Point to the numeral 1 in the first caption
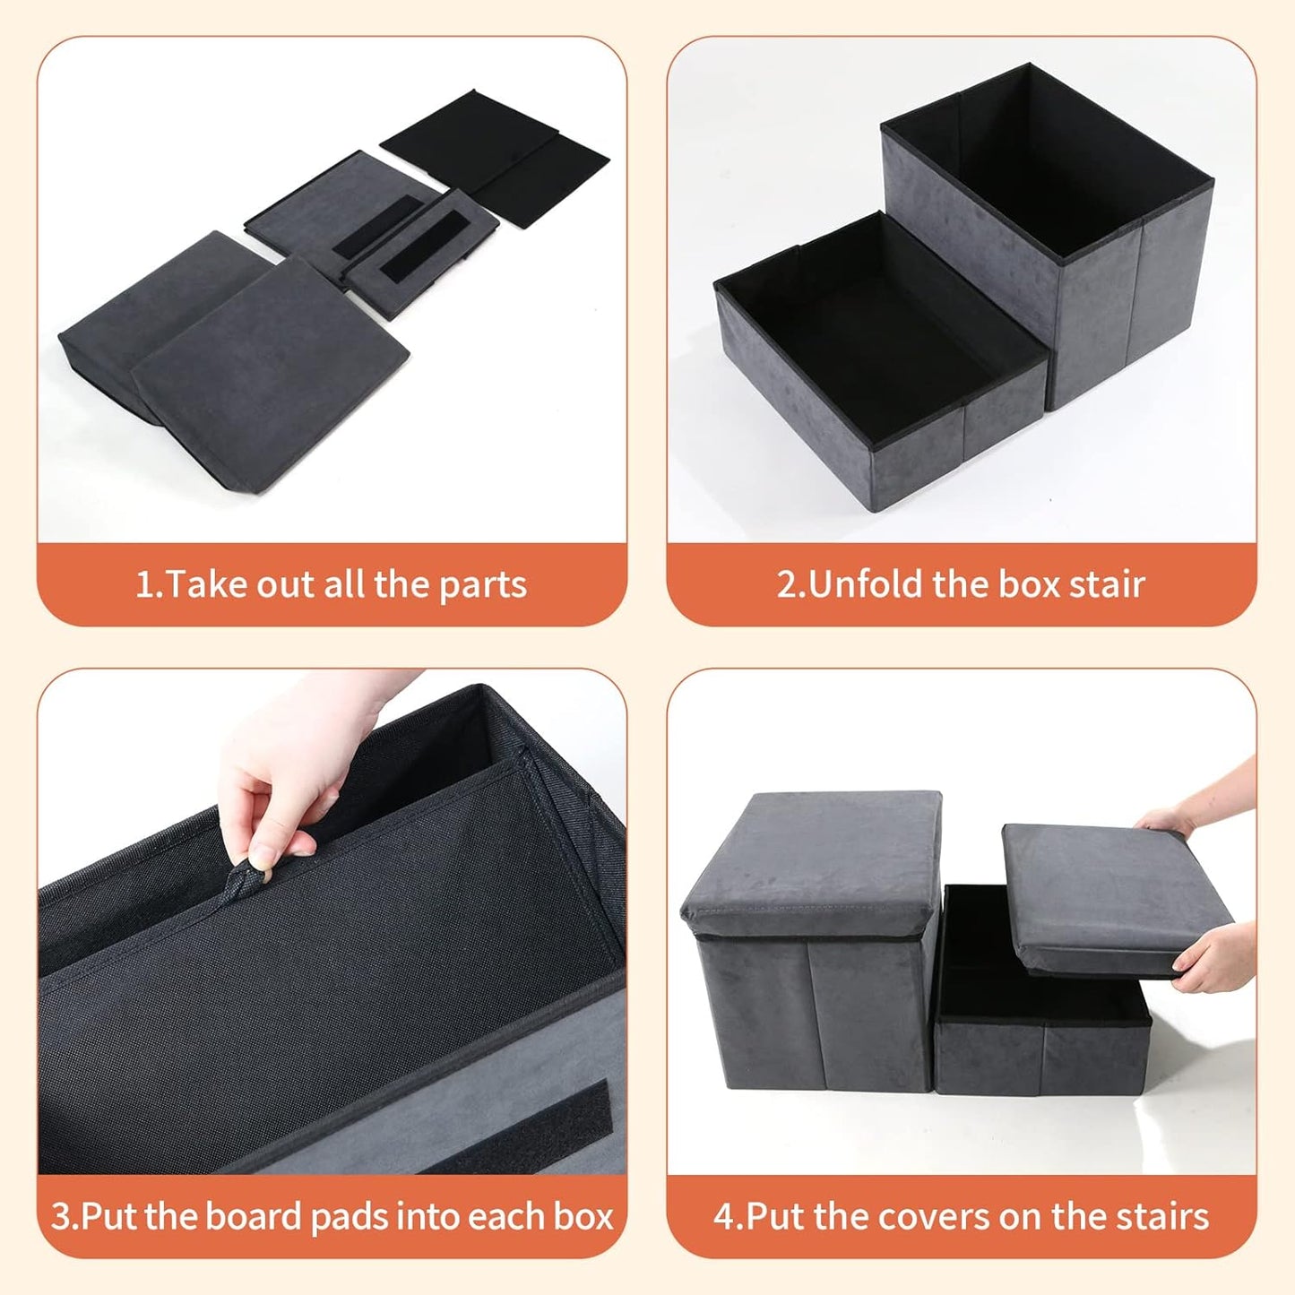(142, 585)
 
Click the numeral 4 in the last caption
(723, 1217)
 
